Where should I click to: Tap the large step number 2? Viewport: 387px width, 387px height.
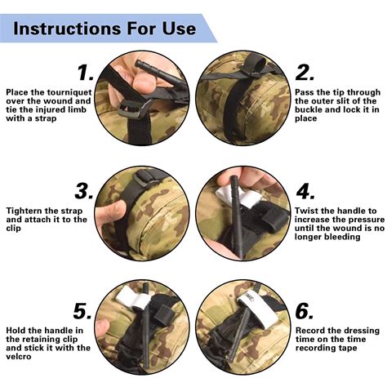point(305,72)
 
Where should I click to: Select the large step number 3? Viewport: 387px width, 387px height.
point(83,192)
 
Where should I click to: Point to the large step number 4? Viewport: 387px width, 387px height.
point(305,193)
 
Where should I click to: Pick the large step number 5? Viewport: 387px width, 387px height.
point(82,311)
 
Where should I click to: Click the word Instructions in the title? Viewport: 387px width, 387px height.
point(71,29)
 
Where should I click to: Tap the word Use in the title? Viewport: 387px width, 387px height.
point(178,29)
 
